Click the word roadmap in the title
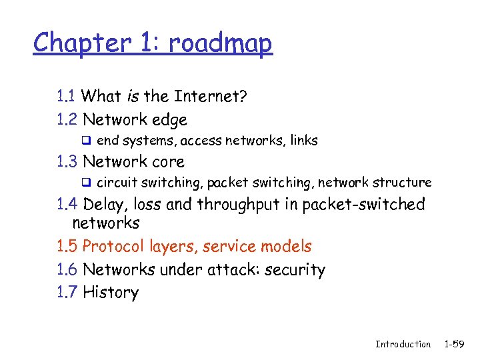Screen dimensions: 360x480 pyautogui.click(x=220, y=43)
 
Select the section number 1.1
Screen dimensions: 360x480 pyautogui.click(x=67, y=97)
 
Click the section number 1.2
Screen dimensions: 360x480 pyautogui.click(x=67, y=120)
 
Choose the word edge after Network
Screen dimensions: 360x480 pyautogui.click(x=169, y=121)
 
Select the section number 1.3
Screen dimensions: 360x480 pyautogui.click(x=67, y=161)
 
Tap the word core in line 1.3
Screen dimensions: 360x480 pyautogui.click(x=168, y=162)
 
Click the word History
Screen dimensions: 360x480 pyautogui.click(x=111, y=293)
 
